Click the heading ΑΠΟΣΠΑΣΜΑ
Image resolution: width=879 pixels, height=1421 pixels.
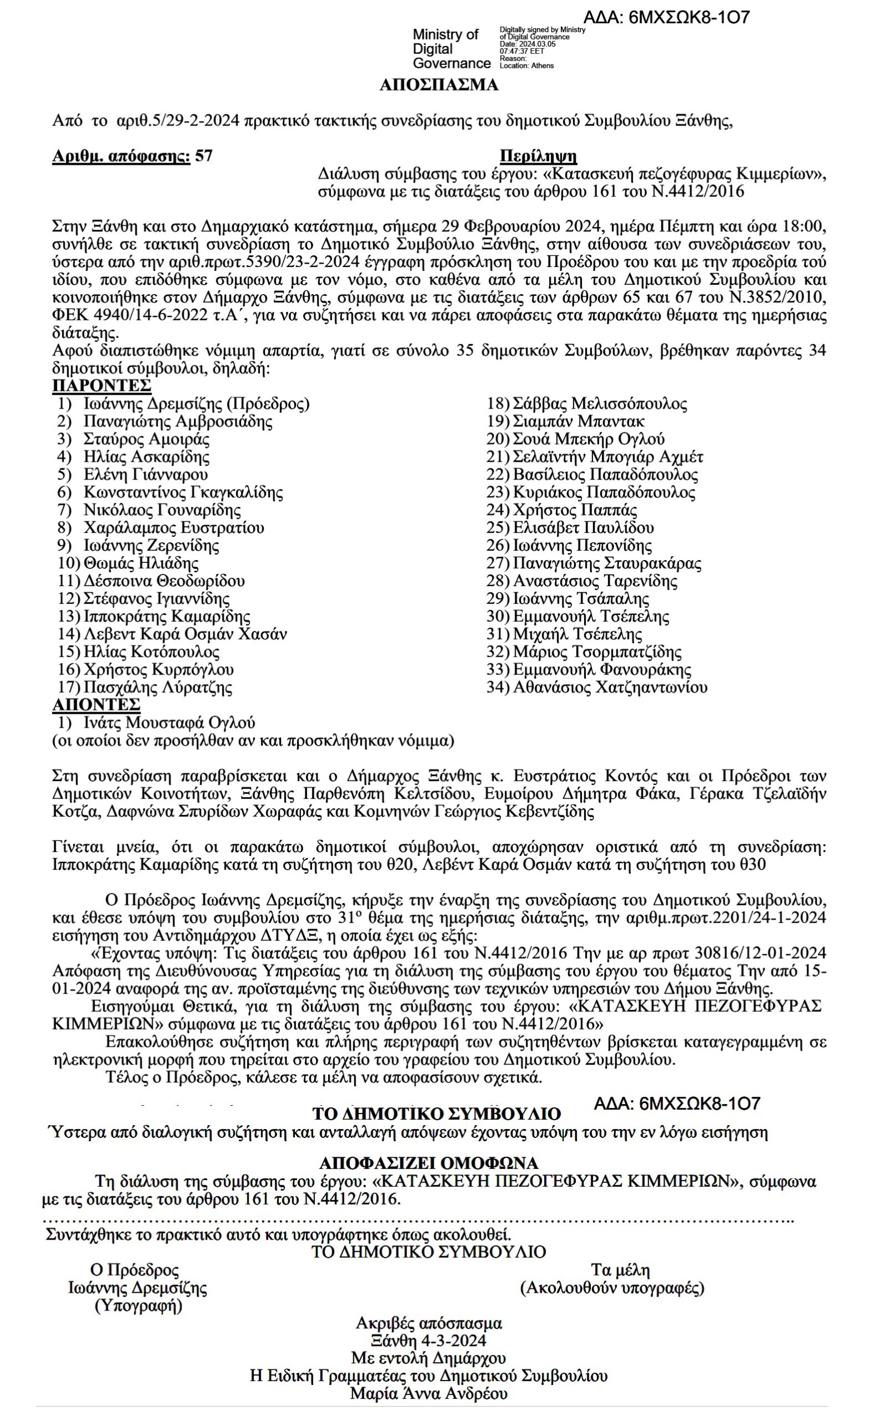click(439, 85)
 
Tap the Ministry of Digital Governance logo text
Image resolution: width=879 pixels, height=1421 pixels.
click(450, 49)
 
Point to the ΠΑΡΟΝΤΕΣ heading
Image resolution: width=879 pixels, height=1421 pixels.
click(102, 386)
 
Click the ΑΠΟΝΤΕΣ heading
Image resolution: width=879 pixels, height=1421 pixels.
click(96, 705)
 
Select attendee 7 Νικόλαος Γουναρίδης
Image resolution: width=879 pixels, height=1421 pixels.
click(162, 510)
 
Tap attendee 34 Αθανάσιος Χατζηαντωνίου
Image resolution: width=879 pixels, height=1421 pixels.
click(609, 688)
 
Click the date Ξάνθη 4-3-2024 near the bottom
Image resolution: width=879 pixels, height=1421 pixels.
click(429, 1341)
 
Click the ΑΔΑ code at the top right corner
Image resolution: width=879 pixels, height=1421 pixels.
click(666, 17)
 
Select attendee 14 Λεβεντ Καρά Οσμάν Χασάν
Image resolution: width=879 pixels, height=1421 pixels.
click(185, 634)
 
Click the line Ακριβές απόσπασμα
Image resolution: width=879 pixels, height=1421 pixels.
click(429, 1323)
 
